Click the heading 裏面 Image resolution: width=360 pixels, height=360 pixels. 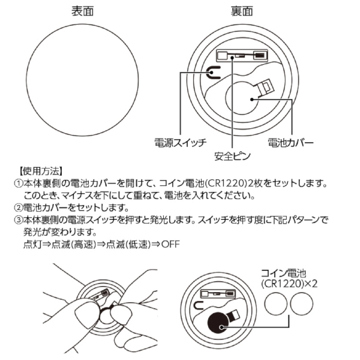pyautogui.click(x=241, y=11)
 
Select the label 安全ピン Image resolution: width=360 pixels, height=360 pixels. pyautogui.click(x=232, y=157)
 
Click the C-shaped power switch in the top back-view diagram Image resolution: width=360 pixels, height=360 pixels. pyautogui.click(x=213, y=74)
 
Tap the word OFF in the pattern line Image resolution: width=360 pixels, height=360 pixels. pyautogui.click(x=169, y=245)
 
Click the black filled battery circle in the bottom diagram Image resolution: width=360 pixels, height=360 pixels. pyautogui.click(x=220, y=325)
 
